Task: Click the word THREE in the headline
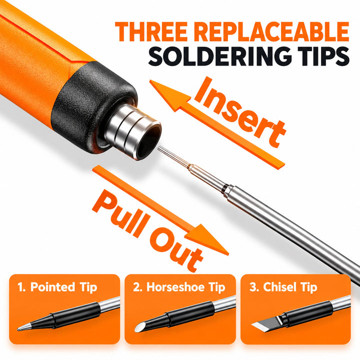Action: tap(151, 31)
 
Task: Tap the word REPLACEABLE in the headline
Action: tap(273, 31)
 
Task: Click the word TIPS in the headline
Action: tap(312, 56)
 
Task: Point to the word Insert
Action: tap(240, 112)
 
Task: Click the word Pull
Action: tap(121, 213)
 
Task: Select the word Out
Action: tap(176, 249)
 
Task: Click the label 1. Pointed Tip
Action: tap(57, 287)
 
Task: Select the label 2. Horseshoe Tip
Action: tap(179, 287)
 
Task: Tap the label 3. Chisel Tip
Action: tap(283, 287)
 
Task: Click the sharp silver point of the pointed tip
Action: tap(18, 330)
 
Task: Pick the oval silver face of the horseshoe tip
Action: tap(140, 327)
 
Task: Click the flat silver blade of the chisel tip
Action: tap(265, 325)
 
